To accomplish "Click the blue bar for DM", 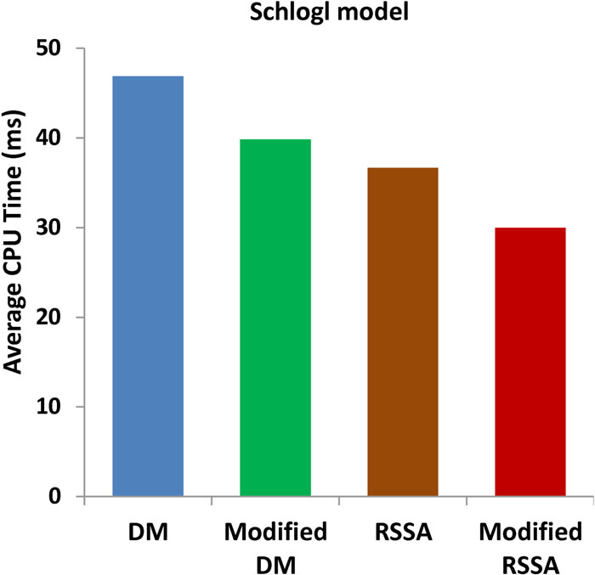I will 148,285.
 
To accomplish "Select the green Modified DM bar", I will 275,317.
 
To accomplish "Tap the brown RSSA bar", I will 403,331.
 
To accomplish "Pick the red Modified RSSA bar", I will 530,361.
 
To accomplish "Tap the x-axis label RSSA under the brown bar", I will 403,533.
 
